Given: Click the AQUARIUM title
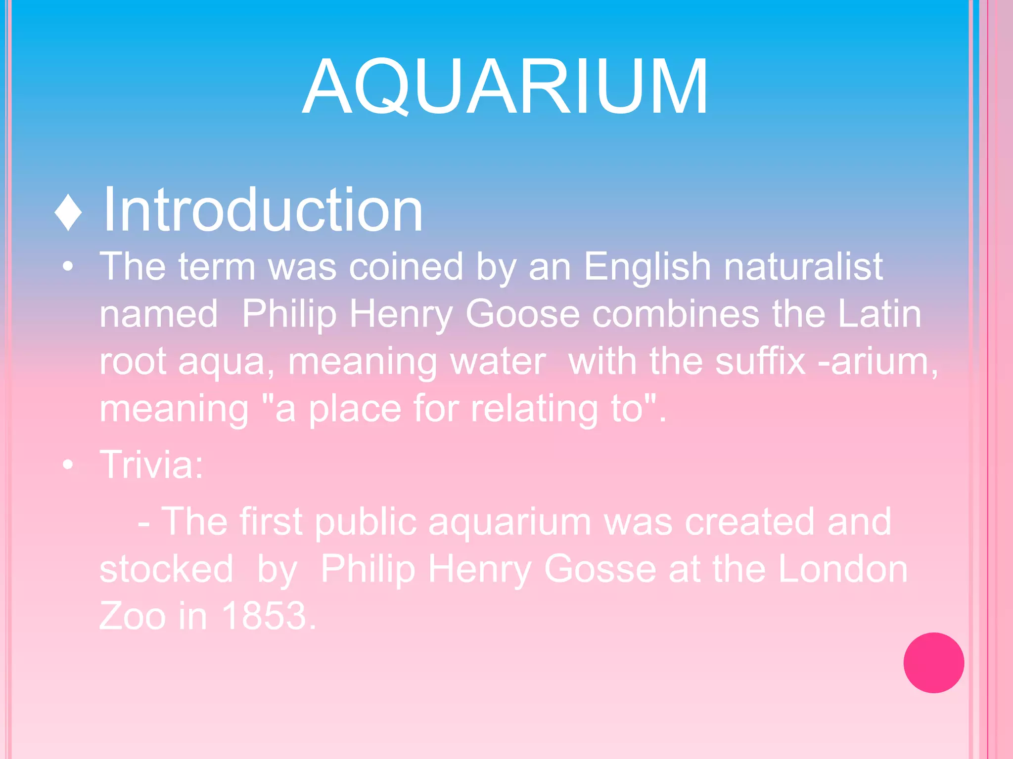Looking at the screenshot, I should click(506, 87).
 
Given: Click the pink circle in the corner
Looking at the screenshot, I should click(933, 663).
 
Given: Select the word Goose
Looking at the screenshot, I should click(522, 314).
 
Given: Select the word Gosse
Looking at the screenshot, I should click(600, 569).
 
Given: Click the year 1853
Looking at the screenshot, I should click(269, 616).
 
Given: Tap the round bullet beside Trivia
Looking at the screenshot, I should click(68, 465).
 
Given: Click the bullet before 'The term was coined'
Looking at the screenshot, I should click(68, 267).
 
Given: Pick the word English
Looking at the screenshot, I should click(647, 267).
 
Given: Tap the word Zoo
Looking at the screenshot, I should click(132, 616).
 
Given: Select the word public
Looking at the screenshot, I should click(366, 522).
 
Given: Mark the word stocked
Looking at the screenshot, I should click(166, 569).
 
